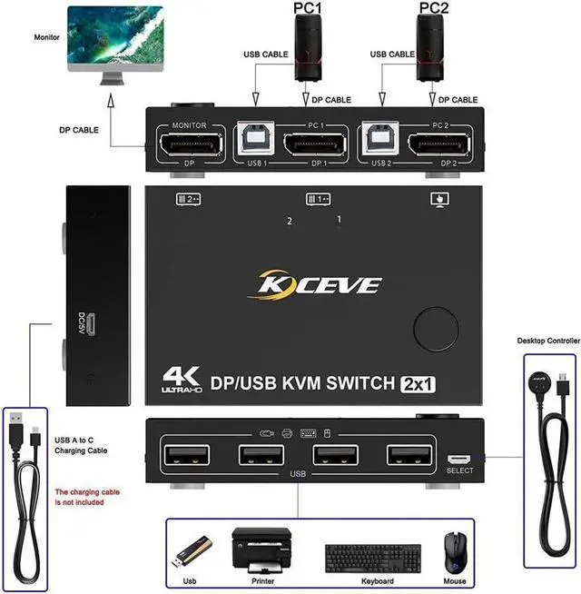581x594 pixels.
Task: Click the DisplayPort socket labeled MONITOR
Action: click(x=186, y=144)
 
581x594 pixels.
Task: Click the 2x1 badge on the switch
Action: click(x=418, y=384)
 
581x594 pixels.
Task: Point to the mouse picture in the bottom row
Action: click(x=454, y=551)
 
